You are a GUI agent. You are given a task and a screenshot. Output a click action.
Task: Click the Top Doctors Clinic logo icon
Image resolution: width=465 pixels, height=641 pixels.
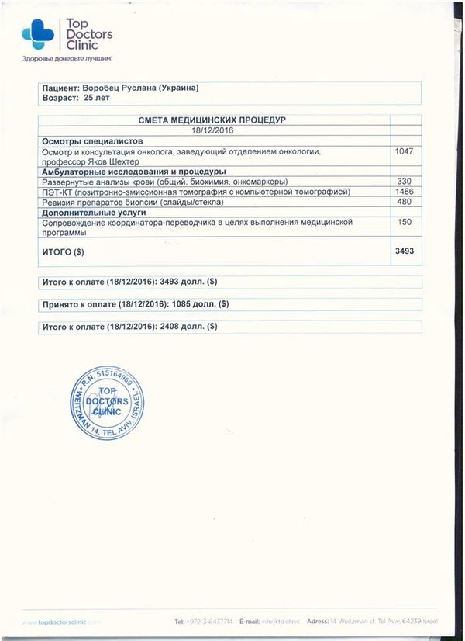click(37, 33)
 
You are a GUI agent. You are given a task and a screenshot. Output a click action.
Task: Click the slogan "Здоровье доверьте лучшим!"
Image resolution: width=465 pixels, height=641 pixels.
click(68, 60)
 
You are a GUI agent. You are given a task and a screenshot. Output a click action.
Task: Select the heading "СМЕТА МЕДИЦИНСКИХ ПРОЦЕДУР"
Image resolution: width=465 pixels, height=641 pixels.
click(213, 120)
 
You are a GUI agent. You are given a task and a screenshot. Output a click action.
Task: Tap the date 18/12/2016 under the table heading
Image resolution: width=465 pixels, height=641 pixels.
click(213, 130)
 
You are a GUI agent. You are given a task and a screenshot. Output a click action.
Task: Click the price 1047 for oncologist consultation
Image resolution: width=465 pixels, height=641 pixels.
click(405, 151)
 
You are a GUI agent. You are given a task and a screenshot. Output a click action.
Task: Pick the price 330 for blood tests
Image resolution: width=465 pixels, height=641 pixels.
click(405, 182)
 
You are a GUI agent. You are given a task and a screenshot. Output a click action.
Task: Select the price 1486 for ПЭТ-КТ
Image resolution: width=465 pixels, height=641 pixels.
click(405, 192)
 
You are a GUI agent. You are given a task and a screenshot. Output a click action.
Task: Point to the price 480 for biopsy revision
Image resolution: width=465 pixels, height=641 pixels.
click(405, 202)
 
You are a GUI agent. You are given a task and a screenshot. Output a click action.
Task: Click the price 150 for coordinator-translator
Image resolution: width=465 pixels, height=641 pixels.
click(405, 222)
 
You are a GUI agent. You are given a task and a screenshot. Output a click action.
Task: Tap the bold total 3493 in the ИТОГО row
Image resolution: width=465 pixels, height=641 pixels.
click(405, 252)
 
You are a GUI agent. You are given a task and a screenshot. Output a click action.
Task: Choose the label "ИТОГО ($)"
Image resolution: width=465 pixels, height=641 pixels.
click(62, 253)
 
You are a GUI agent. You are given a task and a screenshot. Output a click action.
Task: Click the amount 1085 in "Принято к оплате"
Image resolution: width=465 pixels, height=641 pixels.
click(184, 303)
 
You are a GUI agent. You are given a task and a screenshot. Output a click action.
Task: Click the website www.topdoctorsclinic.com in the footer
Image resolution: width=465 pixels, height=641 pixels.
click(62, 622)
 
